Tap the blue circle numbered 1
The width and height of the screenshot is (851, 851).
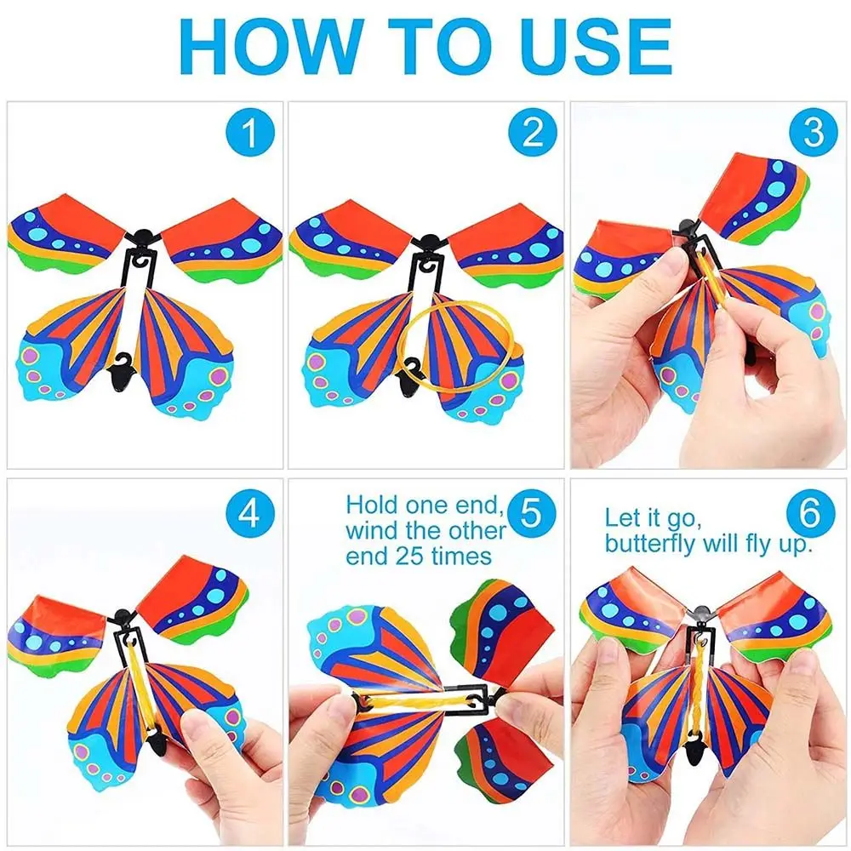pos(250,133)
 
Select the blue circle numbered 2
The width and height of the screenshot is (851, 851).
pos(533,133)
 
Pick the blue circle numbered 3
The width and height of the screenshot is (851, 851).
pos(814,133)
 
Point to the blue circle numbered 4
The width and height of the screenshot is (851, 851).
pos(250,513)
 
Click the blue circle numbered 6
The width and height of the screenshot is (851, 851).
pos(810,513)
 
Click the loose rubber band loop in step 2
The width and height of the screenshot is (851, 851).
pos(459,346)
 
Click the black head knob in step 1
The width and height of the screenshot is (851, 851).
pos(142,237)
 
